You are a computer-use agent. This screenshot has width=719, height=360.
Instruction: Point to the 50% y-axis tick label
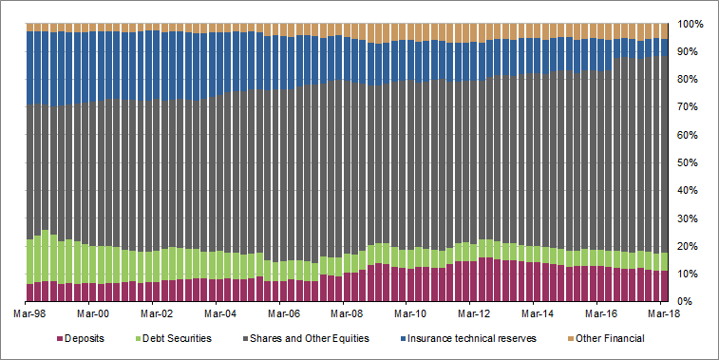[x=691, y=162]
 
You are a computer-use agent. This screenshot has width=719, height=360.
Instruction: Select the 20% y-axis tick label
[x=691, y=246]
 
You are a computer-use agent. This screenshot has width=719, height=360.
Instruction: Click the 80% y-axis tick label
[x=691, y=79]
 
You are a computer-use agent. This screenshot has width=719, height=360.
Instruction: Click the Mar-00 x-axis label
[x=93, y=313]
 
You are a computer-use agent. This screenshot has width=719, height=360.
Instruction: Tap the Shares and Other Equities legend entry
[x=323, y=338]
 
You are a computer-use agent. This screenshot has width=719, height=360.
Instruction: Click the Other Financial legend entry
[x=610, y=338]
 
